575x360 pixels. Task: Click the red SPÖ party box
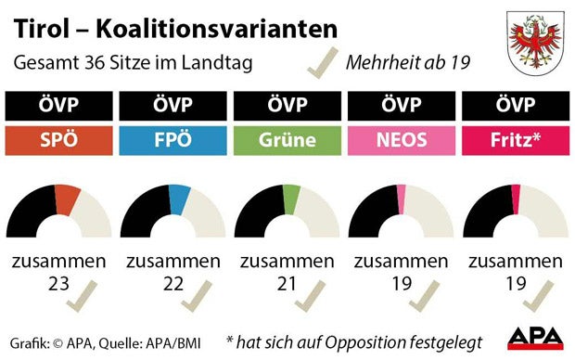pos(57,140)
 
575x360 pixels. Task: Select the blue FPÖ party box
pos(172,140)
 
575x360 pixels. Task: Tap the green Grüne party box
pos(287,140)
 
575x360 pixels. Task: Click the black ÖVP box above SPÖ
pos(57,105)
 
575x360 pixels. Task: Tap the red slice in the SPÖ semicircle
pos(68,199)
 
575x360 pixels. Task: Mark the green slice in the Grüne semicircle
pos(292,197)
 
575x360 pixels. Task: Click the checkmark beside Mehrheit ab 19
pos(322,62)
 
